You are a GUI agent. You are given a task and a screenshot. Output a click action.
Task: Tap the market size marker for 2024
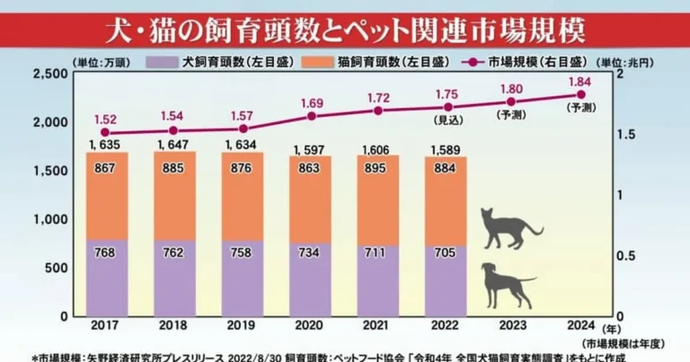pos(580,94)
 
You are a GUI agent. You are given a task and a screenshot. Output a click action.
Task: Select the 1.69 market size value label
pos(312,102)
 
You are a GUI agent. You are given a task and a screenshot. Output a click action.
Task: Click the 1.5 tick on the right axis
pos(628,135)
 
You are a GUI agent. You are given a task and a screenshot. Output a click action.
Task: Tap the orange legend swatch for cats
pos(318,64)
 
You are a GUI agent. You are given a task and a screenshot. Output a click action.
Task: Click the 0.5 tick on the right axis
pos(628,256)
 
